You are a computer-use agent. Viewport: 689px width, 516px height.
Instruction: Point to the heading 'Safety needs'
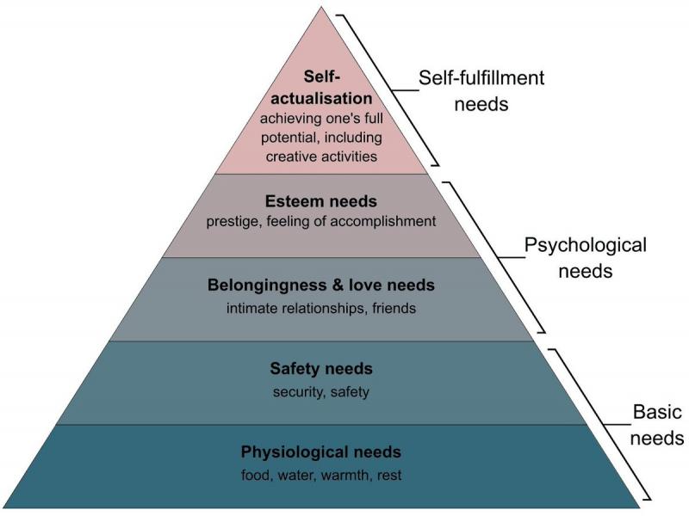pyautogui.click(x=321, y=369)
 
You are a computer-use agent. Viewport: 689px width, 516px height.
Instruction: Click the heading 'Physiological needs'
pyautogui.click(x=321, y=452)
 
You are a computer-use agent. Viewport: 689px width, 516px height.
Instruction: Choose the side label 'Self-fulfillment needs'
pyautogui.click(x=481, y=91)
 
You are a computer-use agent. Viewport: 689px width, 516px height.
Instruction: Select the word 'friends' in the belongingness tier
pyautogui.click(x=394, y=307)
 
